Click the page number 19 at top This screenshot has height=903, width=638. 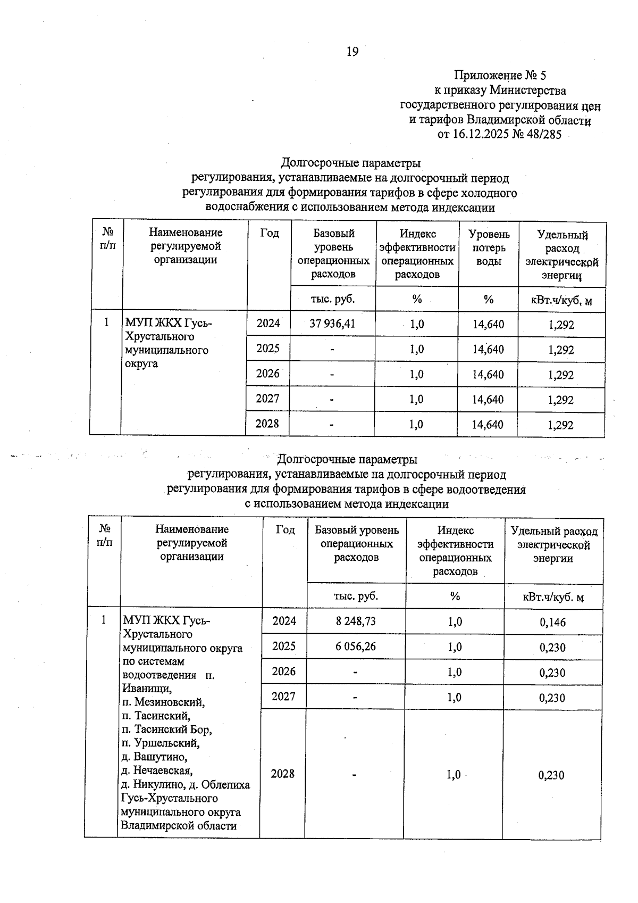click(x=352, y=52)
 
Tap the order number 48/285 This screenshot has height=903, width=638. click(x=543, y=135)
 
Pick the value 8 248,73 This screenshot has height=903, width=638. click(x=356, y=621)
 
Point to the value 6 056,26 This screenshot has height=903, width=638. click(x=356, y=647)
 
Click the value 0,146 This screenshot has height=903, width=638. click(x=552, y=622)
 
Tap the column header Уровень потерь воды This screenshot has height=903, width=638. click(x=489, y=248)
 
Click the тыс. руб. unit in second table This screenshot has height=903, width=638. click(x=356, y=596)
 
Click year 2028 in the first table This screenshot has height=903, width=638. click(x=267, y=424)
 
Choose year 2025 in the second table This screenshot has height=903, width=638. click(x=284, y=646)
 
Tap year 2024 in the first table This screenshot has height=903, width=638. click(x=268, y=324)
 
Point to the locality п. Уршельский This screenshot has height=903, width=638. click(x=161, y=743)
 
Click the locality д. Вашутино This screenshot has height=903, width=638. click(x=154, y=757)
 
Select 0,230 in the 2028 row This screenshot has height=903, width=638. click(x=551, y=775)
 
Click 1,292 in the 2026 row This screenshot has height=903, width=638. click(x=561, y=375)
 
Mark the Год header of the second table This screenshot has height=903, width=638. click(x=286, y=529)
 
